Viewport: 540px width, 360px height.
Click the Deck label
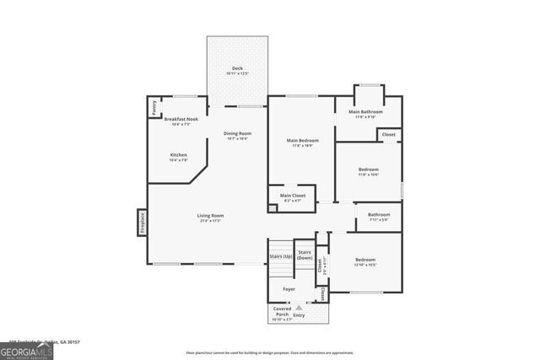[x=237, y=69]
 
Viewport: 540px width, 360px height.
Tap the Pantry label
[x=154, y=107]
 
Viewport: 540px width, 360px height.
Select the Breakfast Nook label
[x=181, y=120]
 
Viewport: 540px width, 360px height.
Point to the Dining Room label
[x=237, y=133]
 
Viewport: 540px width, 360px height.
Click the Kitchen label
[x=179, y=155]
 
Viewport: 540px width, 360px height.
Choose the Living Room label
[x=210, y=216]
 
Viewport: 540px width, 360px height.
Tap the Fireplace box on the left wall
[x=142, y=223]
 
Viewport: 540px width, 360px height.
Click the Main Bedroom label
[x=302, y=141]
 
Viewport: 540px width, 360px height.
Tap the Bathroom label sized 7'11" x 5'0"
[x=378, y=215]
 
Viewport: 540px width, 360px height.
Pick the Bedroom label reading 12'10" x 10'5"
[x=365, y=260]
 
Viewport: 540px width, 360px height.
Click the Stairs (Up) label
[x=281, y=255]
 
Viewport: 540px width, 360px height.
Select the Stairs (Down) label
[x=305, y=255]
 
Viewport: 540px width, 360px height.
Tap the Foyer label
[x=289, y=289]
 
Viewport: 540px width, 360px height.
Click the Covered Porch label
[x=282, y=312]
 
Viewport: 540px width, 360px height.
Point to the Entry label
[x=310, y=314]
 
